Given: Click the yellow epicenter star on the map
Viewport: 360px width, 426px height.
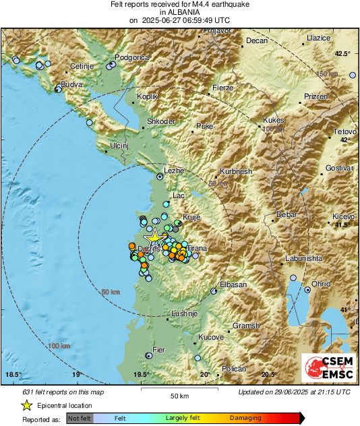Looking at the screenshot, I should coord(154,237).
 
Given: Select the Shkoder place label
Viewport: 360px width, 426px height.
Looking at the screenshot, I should coord(161,121).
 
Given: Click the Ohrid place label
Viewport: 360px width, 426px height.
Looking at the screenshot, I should coord(321,284).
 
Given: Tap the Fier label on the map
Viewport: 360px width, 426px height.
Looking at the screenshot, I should coord(159,350).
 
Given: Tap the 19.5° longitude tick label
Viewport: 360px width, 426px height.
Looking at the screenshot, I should coord(142,374).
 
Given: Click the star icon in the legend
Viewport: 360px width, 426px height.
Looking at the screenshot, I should coord(26,405).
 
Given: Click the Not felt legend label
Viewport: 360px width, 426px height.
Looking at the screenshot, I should coord(80,418).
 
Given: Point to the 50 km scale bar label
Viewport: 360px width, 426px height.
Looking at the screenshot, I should coord(179,395).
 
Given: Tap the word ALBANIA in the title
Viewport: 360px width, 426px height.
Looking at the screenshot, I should coord(179,12).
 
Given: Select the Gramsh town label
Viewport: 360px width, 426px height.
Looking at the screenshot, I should coord(245,326).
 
